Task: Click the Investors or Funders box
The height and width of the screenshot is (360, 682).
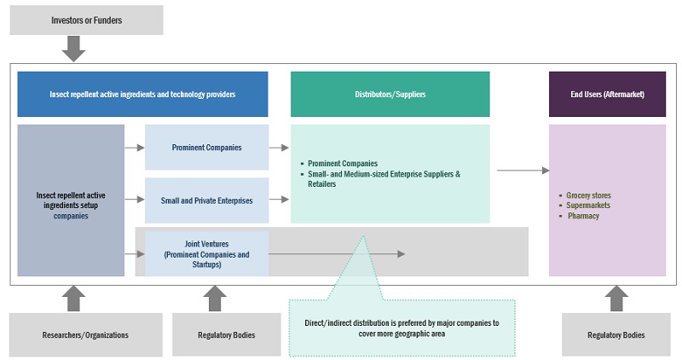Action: pos(86,20)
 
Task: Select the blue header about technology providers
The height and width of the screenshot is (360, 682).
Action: pos(142,94)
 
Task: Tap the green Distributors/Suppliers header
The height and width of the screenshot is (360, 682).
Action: pos(390,94)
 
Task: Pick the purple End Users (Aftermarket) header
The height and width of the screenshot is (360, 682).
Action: pos(607,94)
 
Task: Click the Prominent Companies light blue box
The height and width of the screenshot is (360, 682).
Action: pos(206,148)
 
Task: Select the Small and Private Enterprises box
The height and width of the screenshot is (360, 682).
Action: pos(206,200)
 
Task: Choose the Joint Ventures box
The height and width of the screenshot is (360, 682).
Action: pos(206,253)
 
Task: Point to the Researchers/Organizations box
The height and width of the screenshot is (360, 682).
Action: pos(85,335)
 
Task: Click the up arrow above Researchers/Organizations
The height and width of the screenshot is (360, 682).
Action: pos(74,298)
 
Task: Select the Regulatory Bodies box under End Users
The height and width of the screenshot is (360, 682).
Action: pos(616,335)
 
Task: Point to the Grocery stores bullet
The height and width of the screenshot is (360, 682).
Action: pos(588,195)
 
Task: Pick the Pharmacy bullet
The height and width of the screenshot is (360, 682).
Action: pos(584,216)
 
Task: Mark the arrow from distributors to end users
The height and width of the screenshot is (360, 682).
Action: pos(523,171)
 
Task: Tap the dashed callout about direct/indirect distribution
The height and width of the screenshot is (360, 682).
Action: pos(402,328)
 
